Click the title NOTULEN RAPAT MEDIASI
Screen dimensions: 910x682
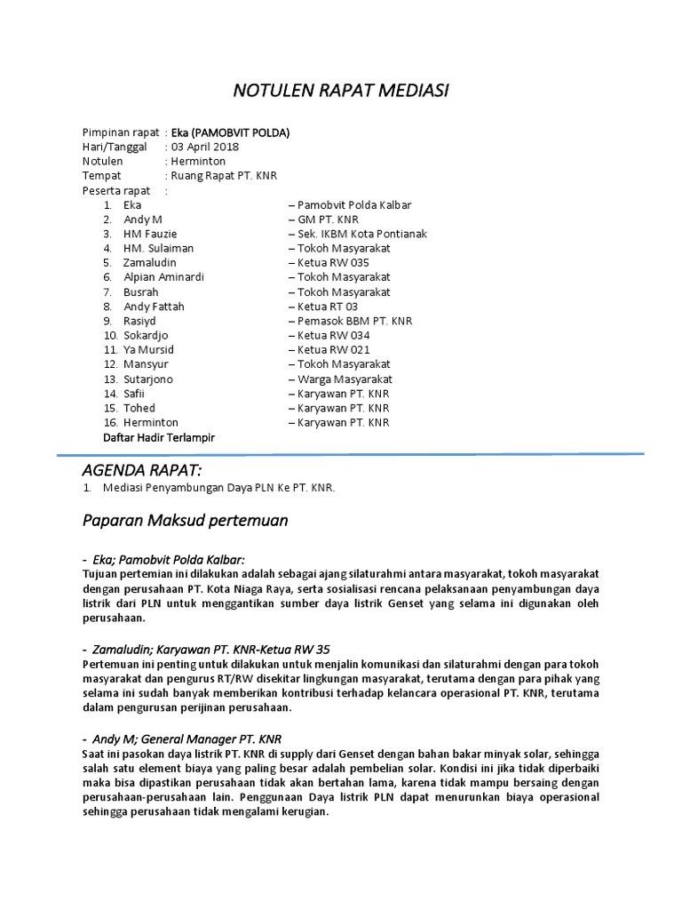[341, 91]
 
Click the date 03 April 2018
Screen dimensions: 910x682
[205, 147]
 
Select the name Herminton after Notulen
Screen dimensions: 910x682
[199, 162]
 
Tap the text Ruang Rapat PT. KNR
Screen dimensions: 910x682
[221, 176]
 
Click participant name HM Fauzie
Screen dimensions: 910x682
[150, 234]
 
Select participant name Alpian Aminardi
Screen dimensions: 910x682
[163, 277]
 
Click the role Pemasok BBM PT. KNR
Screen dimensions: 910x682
[350, 321]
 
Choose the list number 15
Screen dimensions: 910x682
[110, 408]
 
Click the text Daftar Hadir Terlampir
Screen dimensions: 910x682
[159, 437]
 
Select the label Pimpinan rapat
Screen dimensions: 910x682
[121, 132]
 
